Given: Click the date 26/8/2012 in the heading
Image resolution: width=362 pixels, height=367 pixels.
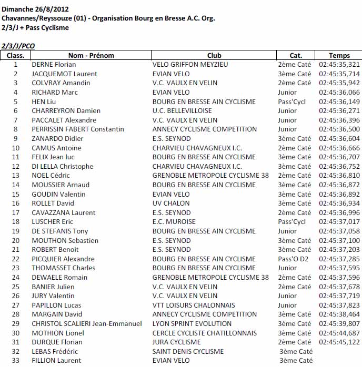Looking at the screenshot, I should click(x=51, y=9).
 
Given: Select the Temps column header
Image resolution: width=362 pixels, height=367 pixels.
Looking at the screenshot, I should click(x=339, y=55).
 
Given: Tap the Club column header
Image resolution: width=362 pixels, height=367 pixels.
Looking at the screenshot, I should click(x=214, y=55).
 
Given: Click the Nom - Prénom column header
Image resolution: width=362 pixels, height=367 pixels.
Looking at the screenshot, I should click(x=91, y=55).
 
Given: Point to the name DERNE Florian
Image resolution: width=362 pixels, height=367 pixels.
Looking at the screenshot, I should click(x=54, y=65).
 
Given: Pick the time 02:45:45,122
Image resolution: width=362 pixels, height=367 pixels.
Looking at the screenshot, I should click(x=339, y=342).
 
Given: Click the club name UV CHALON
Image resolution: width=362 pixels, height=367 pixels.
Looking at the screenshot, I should click(x=172, y=203).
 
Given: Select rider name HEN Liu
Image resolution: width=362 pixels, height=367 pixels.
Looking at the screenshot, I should click(x=44, y=101).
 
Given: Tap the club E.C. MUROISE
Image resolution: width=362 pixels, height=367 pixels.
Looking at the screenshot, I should click(x=174, y=222).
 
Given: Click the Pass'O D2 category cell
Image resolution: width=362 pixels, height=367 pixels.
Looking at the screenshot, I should click(x=293, y=259).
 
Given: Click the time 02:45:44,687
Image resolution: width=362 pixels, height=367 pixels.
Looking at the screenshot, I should click(x=339, y=333).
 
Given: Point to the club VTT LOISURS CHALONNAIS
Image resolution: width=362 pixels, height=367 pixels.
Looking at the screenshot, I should click(x=194, y=305).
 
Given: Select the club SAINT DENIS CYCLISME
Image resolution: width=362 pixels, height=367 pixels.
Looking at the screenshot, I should click(x=188, y=351).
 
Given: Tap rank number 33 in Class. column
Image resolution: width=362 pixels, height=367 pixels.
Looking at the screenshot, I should click(x=16, y=361).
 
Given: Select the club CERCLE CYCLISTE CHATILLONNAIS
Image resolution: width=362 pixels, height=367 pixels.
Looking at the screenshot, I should click(x=205, y=333).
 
